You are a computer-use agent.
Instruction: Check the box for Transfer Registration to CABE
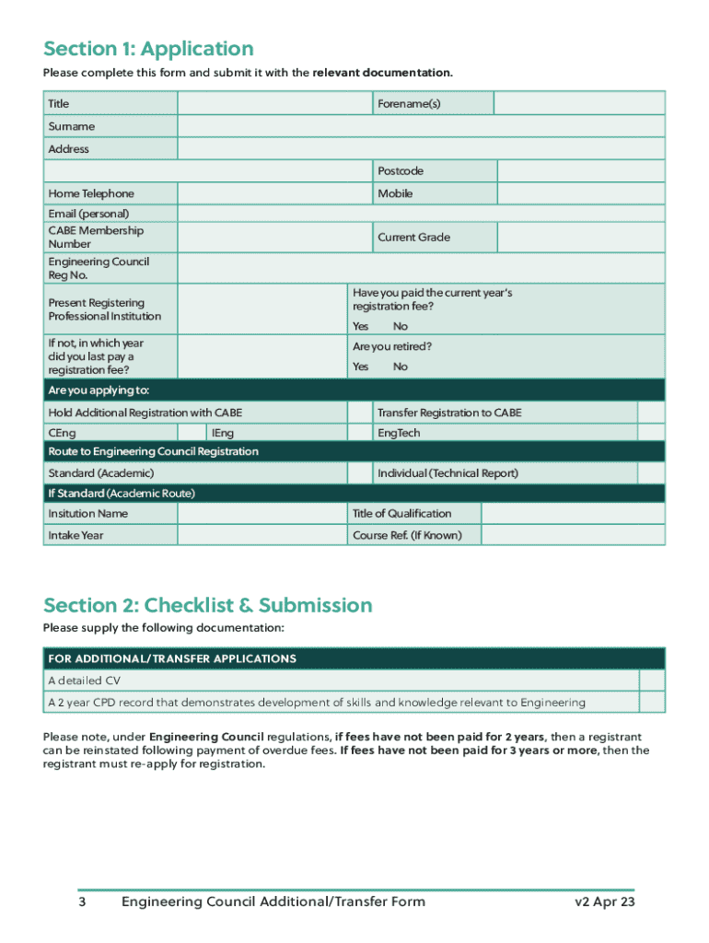point(650,413)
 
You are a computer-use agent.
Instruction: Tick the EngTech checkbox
point(650,433)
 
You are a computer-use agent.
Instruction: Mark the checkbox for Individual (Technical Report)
point(650,473)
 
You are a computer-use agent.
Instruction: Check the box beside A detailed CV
point(651,681)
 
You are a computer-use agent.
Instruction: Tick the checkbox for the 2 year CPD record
point(651,703)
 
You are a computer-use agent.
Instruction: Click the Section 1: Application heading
point(148,49)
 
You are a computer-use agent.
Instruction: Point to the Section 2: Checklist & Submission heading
point(208,605)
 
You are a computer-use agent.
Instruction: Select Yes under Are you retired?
point(360,367)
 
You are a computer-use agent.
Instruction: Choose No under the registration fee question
point(401,327)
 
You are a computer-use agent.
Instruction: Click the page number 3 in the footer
point(82,902)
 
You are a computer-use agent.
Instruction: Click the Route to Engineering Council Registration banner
point(354,451)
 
